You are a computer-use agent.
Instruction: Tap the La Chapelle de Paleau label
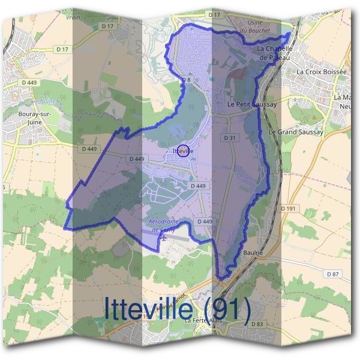pos(274,53)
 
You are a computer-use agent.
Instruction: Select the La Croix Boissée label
pos(322,72)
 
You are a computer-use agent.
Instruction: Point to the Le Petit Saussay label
pos(252,104)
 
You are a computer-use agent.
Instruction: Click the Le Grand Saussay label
pos(296,132)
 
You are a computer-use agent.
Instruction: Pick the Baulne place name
pos(253,253)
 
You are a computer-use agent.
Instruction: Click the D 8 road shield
pos(186,80)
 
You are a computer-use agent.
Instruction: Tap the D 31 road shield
pos(229,138)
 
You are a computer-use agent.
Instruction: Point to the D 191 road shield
pos(289,208)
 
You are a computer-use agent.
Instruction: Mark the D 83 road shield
pos(257,324)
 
